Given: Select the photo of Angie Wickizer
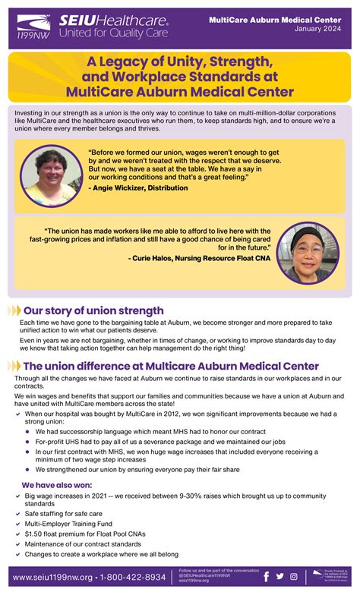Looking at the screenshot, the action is pos(52,175).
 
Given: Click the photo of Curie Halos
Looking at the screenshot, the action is pos(307,253).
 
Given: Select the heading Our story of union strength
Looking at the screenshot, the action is pos(93,310).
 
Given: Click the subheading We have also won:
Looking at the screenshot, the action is pos(57,484).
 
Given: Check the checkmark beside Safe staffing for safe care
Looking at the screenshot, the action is pos(17,514).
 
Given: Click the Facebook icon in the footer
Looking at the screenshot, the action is pos(267,577).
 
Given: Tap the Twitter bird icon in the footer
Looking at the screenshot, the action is pos(280,577).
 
